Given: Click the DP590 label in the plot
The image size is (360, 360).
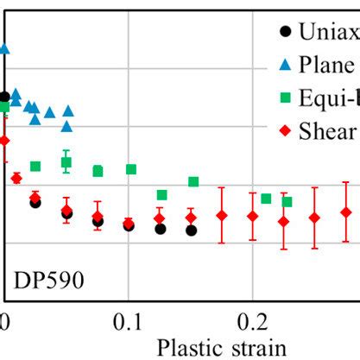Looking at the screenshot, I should [x=48, y=282].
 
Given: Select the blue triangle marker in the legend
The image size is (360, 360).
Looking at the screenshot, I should [x=287, y=66].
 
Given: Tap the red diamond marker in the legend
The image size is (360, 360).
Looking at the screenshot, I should [x=287, y=130].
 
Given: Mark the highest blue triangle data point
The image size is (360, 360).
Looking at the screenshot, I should [x=4, y=49].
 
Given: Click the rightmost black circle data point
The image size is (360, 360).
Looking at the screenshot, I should [x=191, y=231].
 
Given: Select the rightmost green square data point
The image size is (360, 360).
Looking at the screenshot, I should [x=287, y=202].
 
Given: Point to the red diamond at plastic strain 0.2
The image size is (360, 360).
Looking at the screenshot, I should [x=252, y=216].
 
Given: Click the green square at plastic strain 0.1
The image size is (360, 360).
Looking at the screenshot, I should [x=131, y=169].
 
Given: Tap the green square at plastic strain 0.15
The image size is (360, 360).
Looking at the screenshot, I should [x=193, y=181].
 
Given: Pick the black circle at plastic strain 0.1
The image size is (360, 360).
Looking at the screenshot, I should [x=129, y=225].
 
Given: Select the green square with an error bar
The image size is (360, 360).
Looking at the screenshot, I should [x=66, y=162].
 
